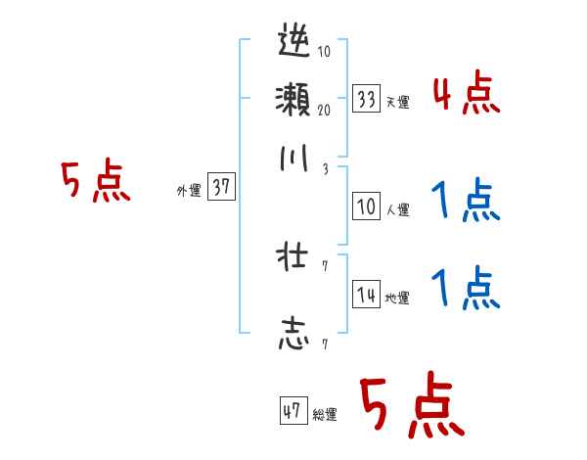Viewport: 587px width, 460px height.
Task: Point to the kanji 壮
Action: click(294, 259)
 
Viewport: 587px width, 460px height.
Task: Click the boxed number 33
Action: click(367, 99)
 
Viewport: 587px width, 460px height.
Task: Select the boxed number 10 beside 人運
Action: click(367, 207)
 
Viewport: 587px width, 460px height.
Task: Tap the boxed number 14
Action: click(367, 296)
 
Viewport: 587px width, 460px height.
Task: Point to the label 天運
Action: click(397, 102)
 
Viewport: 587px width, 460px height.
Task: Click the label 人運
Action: click(397, 208)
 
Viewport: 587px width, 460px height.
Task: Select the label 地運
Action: click(397, 299)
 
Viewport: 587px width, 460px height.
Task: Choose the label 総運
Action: click(325, 415)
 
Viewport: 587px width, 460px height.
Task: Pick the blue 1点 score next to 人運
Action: click(466, 203)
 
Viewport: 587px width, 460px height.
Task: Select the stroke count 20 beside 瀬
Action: click(324, 110)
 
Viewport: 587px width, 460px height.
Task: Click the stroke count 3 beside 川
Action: click(324, 168)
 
